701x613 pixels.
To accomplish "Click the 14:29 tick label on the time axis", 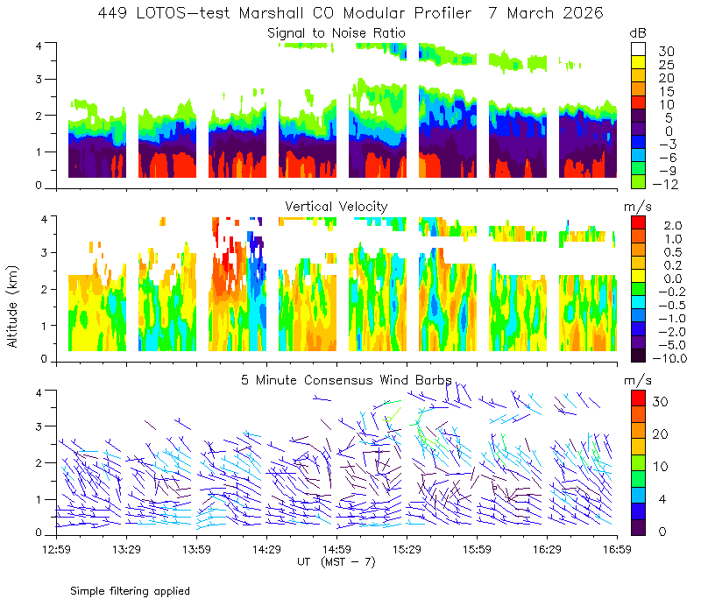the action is (266, 549).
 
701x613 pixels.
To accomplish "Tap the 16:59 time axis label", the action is (617, 549).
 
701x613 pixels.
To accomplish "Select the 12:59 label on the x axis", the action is (56, 549).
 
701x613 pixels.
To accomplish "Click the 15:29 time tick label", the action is (407, 549).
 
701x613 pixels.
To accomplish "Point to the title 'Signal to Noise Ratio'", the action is (336, 33).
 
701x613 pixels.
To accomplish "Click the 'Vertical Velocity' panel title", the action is (336, 207).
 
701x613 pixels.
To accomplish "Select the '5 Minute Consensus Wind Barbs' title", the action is (346, 380).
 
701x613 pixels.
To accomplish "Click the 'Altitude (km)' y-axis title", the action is (12, 306).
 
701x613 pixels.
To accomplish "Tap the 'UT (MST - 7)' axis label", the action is (336, 562).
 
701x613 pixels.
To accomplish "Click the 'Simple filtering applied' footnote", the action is (130, 591).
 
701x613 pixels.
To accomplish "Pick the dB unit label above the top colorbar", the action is (638, 33).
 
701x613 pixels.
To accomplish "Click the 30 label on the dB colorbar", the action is (666, 52).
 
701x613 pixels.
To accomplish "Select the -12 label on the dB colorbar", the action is (665, 184).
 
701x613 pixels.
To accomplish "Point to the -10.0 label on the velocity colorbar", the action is (669, 358).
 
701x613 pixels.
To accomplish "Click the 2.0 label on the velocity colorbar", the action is (673, 225).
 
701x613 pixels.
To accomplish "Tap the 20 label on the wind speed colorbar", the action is (660, 433).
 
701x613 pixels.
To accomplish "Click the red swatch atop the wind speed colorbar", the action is (638, 398).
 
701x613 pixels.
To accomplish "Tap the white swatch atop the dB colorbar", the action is (638, 49).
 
